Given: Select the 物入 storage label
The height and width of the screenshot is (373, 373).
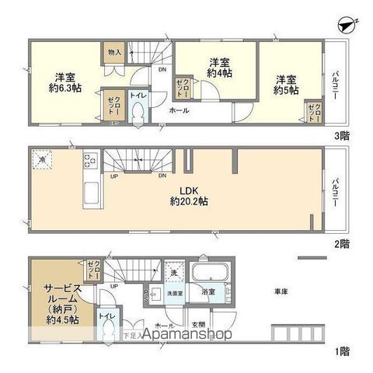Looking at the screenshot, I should pyautogui.click(x=113, y=53).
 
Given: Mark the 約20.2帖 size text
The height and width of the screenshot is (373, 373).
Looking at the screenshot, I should pyautogui.click(x=189, y=200).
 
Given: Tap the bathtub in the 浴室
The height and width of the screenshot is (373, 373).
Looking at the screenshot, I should pyautogui.click(x=208, y=275).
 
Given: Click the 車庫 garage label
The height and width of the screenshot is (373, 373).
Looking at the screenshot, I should pyautogui.click(x=281, y=291).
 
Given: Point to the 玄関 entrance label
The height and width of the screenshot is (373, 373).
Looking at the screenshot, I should pyautogui.click(x=197, y=325).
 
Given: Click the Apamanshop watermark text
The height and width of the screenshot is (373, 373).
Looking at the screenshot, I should pyautogui.click(x=185, y=335).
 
